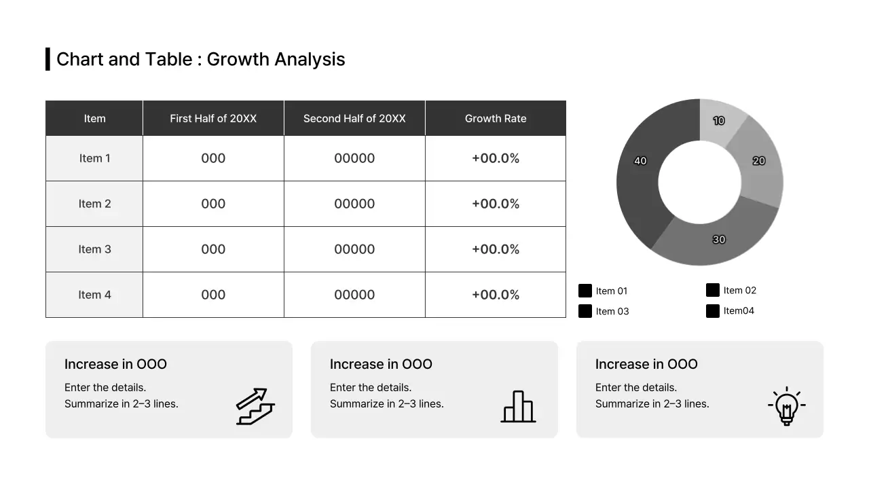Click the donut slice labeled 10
pos(720,122)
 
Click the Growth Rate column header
pos(496,118)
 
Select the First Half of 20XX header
pos(213,118)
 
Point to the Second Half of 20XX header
pos(354,118)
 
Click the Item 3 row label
pos(94,249)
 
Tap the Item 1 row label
pos(94,158)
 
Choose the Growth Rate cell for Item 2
pos(496,204)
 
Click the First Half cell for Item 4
pos(213,295)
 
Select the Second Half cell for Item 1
pos(354,158)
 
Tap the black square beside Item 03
pos(585,311)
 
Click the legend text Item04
pos(739,310)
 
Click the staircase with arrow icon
pos(255,406)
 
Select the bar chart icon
pos(518,406)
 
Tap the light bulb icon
pos(786,405)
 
